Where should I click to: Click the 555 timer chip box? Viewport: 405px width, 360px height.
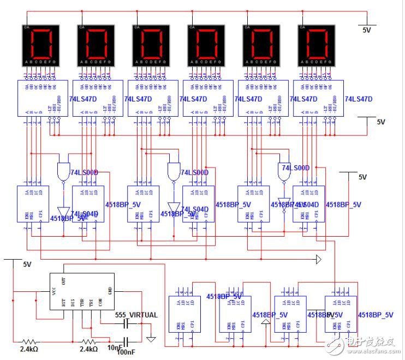coord(82,292)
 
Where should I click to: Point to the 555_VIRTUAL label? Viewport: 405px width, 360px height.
coord(136,315)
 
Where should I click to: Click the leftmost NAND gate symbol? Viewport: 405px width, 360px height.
coord(64,170)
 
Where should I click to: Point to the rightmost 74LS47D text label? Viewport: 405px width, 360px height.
coord(359,99)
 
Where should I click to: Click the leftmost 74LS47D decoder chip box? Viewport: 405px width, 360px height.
coord(40,99)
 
